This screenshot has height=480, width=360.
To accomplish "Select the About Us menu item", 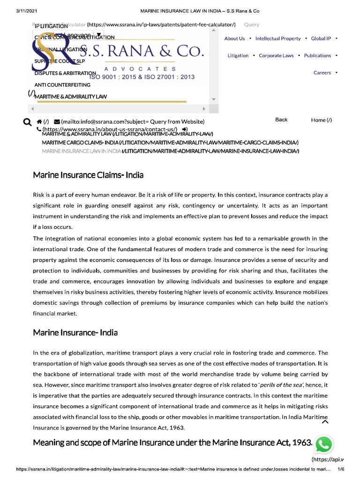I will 234,38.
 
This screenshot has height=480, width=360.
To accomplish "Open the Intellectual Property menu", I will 278,38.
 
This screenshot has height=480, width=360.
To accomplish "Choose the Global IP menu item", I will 321,38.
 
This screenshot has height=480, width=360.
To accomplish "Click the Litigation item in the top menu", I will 238,55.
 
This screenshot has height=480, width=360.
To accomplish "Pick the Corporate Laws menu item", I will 276,55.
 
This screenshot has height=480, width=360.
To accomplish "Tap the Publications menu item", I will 317,55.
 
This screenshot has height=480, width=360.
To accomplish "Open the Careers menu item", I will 322,73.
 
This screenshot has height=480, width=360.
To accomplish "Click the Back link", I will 281,120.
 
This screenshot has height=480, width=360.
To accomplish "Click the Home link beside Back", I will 322,120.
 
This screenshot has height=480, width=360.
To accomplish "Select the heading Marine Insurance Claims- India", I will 88,175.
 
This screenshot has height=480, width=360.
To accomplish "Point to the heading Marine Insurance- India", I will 75,332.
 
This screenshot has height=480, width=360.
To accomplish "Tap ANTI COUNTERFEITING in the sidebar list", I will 62,85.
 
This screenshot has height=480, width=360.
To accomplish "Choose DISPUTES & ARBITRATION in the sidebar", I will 65,73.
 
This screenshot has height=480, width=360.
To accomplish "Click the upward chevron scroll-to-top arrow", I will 325,422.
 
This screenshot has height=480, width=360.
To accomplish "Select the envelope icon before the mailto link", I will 57,121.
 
